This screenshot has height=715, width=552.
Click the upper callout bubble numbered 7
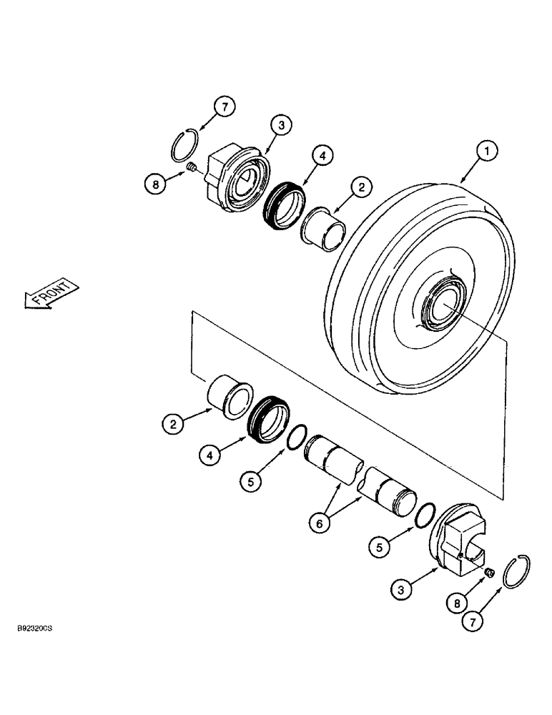click(x=225, y=108)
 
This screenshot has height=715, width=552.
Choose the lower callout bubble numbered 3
click(x=403, y=591)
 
